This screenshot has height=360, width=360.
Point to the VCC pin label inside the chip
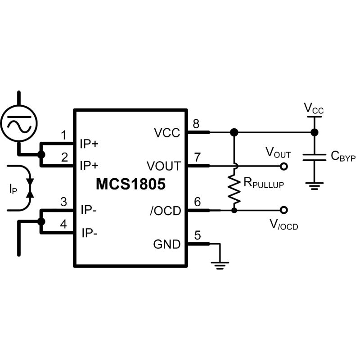[x=167, y=133]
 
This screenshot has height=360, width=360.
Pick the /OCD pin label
[x=165, y=210]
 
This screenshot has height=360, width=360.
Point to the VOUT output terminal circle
[x=283, y=166]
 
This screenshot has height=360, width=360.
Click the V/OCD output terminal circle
[x=283, y=210]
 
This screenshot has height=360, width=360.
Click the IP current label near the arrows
[x=13, y=189]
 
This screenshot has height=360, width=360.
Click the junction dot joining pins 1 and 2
[x=41, y=155]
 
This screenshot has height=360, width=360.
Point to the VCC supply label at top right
[x=314, y=108]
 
